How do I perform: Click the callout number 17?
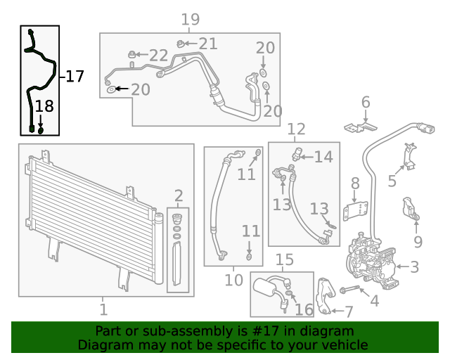[75, 76]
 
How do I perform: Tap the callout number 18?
[44, 106]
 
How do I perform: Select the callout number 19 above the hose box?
[190, 20]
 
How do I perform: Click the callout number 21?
[207, 44]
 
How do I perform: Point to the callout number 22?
[158, 55]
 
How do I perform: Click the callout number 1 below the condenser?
[103, 309]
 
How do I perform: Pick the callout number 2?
[179, 195]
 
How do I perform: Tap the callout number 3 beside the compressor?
[415, 267]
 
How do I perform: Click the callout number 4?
[374, 301]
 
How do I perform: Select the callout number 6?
[365, 103]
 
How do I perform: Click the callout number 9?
[418, 243]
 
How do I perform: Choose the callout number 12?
[296, 129]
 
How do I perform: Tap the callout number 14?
[323, 157]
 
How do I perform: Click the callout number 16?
[304, 309]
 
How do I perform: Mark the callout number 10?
[233, 281]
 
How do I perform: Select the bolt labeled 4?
[349, 290]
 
